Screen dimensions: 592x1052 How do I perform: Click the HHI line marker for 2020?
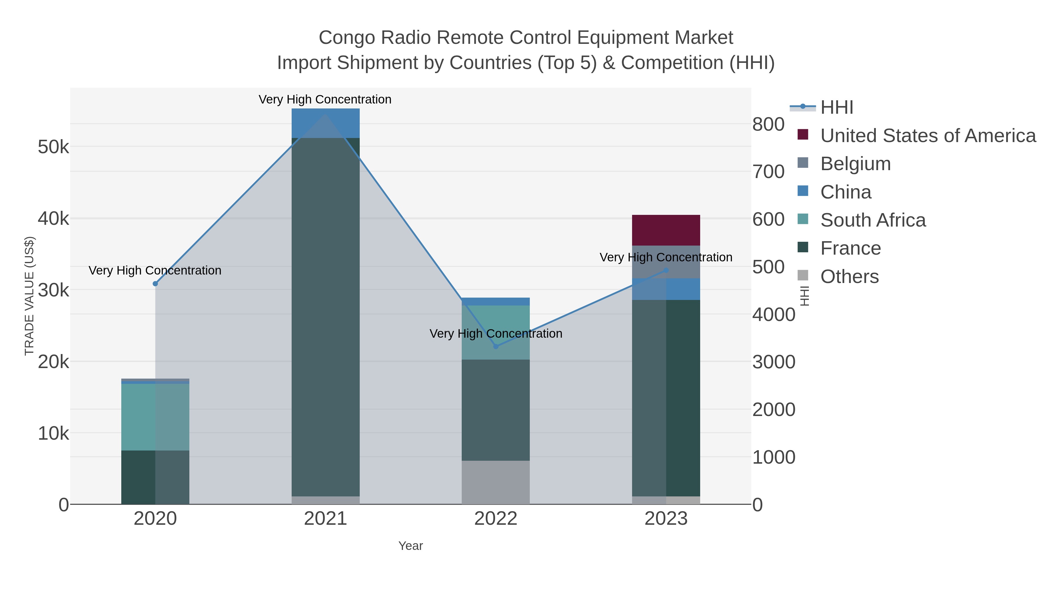tap(155, 284)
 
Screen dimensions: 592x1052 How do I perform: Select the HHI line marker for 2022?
tap(496, 346)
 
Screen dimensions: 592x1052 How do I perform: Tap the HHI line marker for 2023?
tap(666, 270)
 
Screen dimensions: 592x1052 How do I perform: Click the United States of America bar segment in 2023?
tap(666, 230)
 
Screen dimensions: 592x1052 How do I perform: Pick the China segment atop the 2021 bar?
tap(326, 123)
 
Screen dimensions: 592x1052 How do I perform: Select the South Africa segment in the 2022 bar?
tap(496, 332)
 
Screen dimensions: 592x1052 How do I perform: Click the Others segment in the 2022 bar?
tap(496, 482)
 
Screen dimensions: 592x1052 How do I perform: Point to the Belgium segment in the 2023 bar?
tap(666, 262)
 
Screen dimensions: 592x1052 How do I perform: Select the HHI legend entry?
tap(836, 108)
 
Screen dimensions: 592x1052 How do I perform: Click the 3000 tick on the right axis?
tap(774, 362)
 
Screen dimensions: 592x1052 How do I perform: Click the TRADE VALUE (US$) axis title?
tap(30, 296)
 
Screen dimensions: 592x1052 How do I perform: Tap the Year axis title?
tap(411, 546)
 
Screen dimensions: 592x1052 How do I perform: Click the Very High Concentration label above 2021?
tap(325, 99)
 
